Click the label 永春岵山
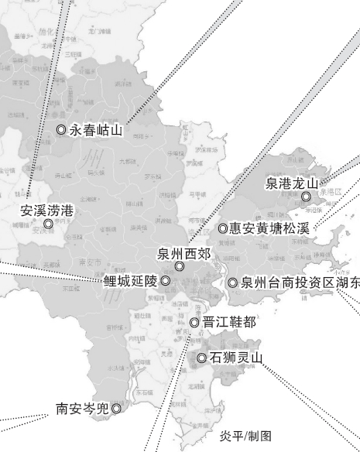[x=96, y=130]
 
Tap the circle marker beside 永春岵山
[x=61, y=130]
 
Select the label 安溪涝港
[x=47, y=210]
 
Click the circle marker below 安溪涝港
[x=48, y=224]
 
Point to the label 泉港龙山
[x=292, y=183]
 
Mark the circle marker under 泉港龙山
[x=307, y=197]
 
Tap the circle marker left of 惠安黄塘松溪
[x=222, y=228]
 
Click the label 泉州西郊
[x=183, y=252]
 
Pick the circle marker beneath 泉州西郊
[x=180, y=266]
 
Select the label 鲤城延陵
[x=130, y=280]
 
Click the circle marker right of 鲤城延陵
[x=165, y=280]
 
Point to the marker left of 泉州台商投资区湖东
[x=232, y=283]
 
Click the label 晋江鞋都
[x=228, y=322]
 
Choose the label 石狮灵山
[x=236, y=358]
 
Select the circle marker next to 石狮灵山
[x=201, y=358]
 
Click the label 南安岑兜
[x=82, y=407]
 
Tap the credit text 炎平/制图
[x=246, y=436]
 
